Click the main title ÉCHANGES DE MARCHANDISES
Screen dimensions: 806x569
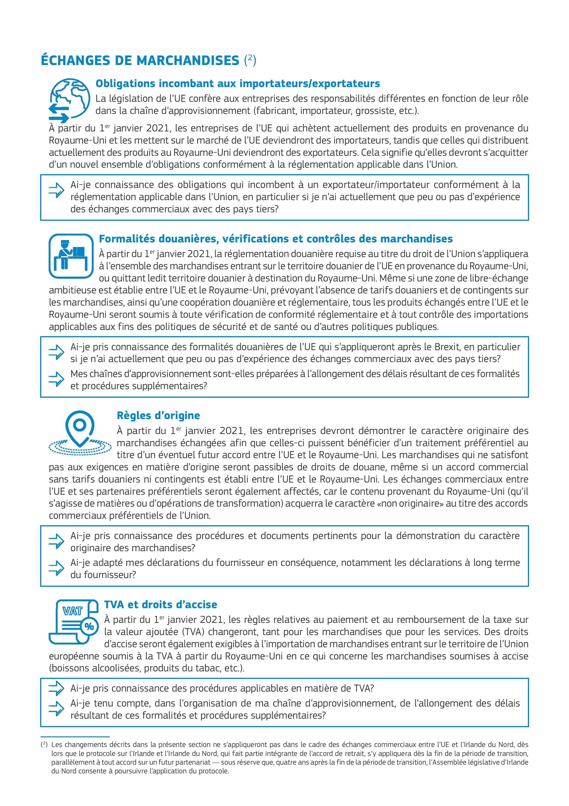[x=140, y=60]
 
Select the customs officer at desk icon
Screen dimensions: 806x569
[x=71, y=255]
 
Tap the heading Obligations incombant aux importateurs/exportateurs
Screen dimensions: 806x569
[x=238, y=84]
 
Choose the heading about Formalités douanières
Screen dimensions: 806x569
[x=276, y=239]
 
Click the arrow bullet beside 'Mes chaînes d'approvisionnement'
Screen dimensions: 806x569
[x=56, y=379]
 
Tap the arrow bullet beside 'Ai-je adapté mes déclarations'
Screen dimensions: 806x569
[x=56, y=568]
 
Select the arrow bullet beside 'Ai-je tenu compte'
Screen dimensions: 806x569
[x=56, y=709]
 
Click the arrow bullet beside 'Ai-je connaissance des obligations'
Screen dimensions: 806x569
[x=56, y=191]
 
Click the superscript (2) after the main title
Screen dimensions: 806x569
[x=250, y=60]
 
